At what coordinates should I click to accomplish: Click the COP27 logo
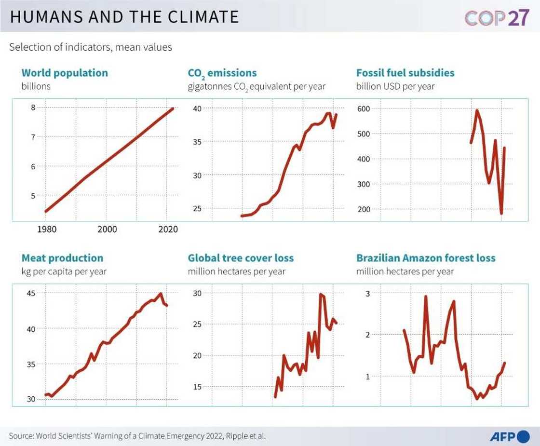tap(497, 17)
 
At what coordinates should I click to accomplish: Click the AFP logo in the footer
tap(509, 436)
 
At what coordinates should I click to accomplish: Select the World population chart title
tap(65, 73)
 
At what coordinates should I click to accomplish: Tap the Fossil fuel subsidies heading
tap(405, 73)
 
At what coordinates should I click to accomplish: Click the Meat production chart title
tap(62, 258)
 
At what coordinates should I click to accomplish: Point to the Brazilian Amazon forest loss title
tap(426, 258)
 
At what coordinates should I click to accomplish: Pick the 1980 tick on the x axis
tap(47, 230)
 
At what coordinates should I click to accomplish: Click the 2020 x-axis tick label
tap(168, 230)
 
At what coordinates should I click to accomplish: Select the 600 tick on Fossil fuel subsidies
tap(364, 109)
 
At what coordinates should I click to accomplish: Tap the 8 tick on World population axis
tap(33, 108)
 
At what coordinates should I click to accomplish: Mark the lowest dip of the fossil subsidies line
tap(501, 213)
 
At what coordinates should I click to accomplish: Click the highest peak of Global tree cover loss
tap(320, 294)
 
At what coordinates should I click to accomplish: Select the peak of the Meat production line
tap(161, 294)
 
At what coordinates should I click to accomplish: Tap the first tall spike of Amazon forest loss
tap(426, 297)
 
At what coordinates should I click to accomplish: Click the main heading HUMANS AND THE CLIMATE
tap(124, 17)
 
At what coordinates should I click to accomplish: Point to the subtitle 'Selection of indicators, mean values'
tap(91, 47)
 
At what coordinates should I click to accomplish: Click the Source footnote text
tap(137, 436)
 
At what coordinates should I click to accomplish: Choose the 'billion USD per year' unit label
tap(395, 86)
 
